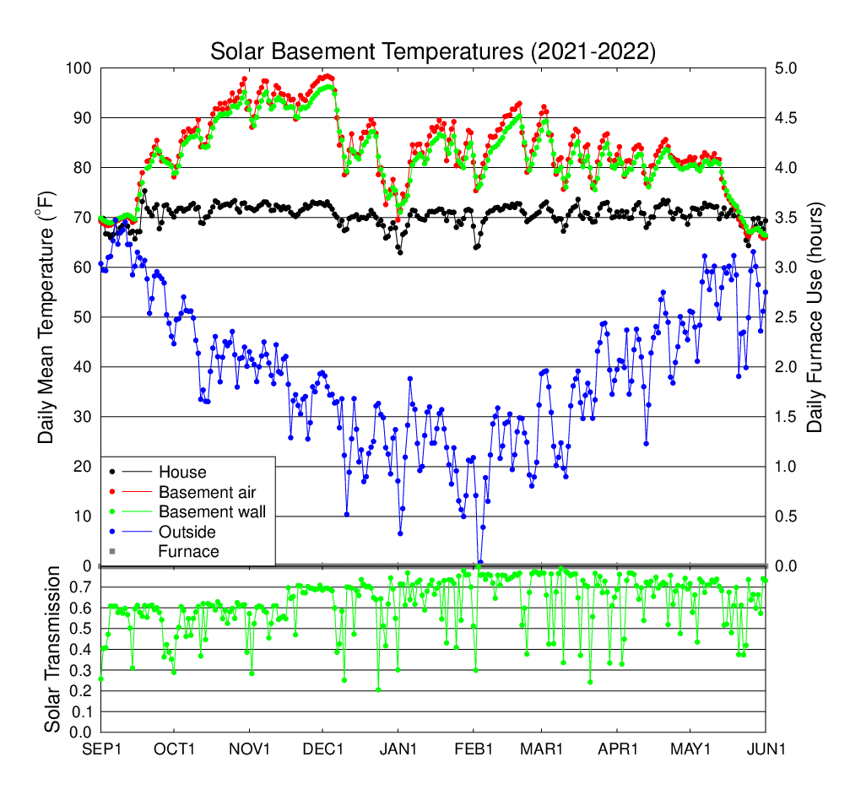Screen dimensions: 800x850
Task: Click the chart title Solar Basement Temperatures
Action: pyautogui.click(x=432, y=51)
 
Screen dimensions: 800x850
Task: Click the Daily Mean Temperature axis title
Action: pyautogui.click(x=48, y=316)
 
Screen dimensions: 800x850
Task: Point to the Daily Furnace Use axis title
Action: pyautogui.click(x=815, y=316)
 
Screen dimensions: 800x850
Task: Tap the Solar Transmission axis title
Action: pyautogui.click(x=52, y=650)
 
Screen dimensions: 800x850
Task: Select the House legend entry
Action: pyautogui.click(x=181, y=472)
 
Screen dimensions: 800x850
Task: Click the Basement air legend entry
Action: pyautogui.click(x=207, y=491)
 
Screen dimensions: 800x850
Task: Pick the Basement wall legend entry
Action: pyautogui.click(x=212, y=511)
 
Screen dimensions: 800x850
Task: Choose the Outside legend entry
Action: pyautogui.click(x=187, y=532)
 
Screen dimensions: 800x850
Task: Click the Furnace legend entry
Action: pyautogui.click(x=188, y=552)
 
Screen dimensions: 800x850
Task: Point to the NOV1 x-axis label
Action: pyautogui.click(x=249, y=749)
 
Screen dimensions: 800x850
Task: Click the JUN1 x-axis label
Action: pyautogui.click(x=766, y=749)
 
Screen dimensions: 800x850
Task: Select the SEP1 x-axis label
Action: pyautogui.click(x=100, y=749)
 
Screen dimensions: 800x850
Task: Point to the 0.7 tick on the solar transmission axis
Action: pyautogui.click(x=82, y=586)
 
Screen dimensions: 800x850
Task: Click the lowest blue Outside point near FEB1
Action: pyautogui.click(x=480, y=562)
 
